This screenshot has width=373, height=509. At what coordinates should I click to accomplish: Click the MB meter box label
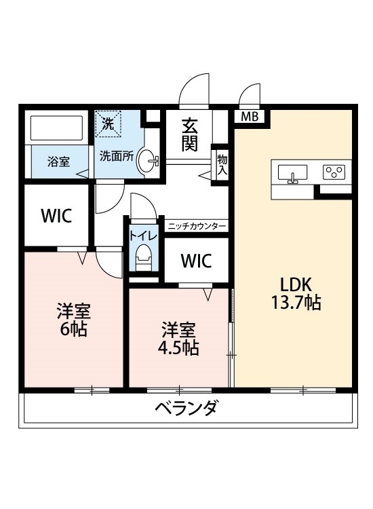(250, 117)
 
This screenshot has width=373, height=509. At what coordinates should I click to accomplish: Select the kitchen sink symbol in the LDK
(293, 174)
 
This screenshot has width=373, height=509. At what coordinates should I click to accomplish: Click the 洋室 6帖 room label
(73, 320)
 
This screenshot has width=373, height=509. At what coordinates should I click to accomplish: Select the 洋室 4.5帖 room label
(179, 339)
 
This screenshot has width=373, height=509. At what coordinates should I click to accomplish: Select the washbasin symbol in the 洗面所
(147, 162)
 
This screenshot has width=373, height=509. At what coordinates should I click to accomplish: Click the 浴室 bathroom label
(58, 162)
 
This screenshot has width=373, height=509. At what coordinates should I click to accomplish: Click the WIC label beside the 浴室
(56, 216)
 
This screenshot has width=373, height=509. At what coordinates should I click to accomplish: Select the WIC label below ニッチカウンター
(196, 261)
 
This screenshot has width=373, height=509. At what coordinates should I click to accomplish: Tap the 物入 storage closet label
(222, 165)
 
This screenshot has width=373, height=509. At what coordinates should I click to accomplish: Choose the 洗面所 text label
(117, 155)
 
